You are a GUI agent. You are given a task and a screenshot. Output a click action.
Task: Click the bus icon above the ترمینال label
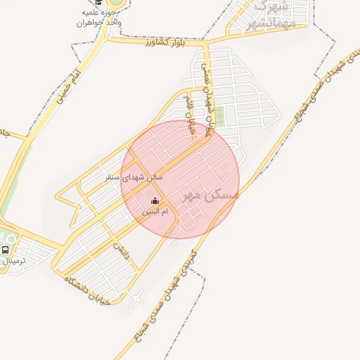(x=6, y=250)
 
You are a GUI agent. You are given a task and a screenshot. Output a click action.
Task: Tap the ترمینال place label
(x=13, y=261)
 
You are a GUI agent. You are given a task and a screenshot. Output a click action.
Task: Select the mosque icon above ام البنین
(x=155, y=201)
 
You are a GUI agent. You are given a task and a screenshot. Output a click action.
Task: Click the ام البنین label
(x=155, y=212)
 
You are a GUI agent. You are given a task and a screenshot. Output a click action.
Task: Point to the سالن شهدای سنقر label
(x=134, y=179)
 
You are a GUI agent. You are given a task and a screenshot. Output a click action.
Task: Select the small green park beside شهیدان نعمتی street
(x=219, y=117)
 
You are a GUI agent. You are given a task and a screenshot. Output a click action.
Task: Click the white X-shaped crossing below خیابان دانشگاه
(x=136, y=297)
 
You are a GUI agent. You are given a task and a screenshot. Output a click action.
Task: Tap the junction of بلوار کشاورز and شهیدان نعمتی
(x=205, y=44)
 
